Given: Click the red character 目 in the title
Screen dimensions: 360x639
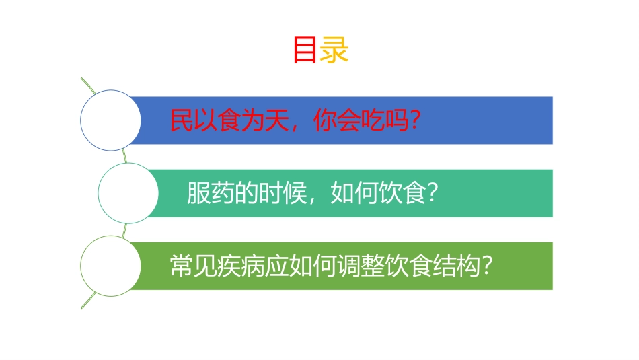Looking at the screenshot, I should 305,50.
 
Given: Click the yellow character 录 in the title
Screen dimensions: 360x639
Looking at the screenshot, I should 334,50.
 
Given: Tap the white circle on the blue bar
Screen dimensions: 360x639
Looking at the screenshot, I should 110,120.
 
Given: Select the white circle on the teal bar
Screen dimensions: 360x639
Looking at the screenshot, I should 128,193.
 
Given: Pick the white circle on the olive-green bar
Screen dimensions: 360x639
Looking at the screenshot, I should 110,266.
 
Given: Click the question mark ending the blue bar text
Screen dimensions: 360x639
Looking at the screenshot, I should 415,121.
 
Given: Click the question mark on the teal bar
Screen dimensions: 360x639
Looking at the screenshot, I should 433,194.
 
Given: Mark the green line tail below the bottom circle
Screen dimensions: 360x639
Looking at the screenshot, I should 87,302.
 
